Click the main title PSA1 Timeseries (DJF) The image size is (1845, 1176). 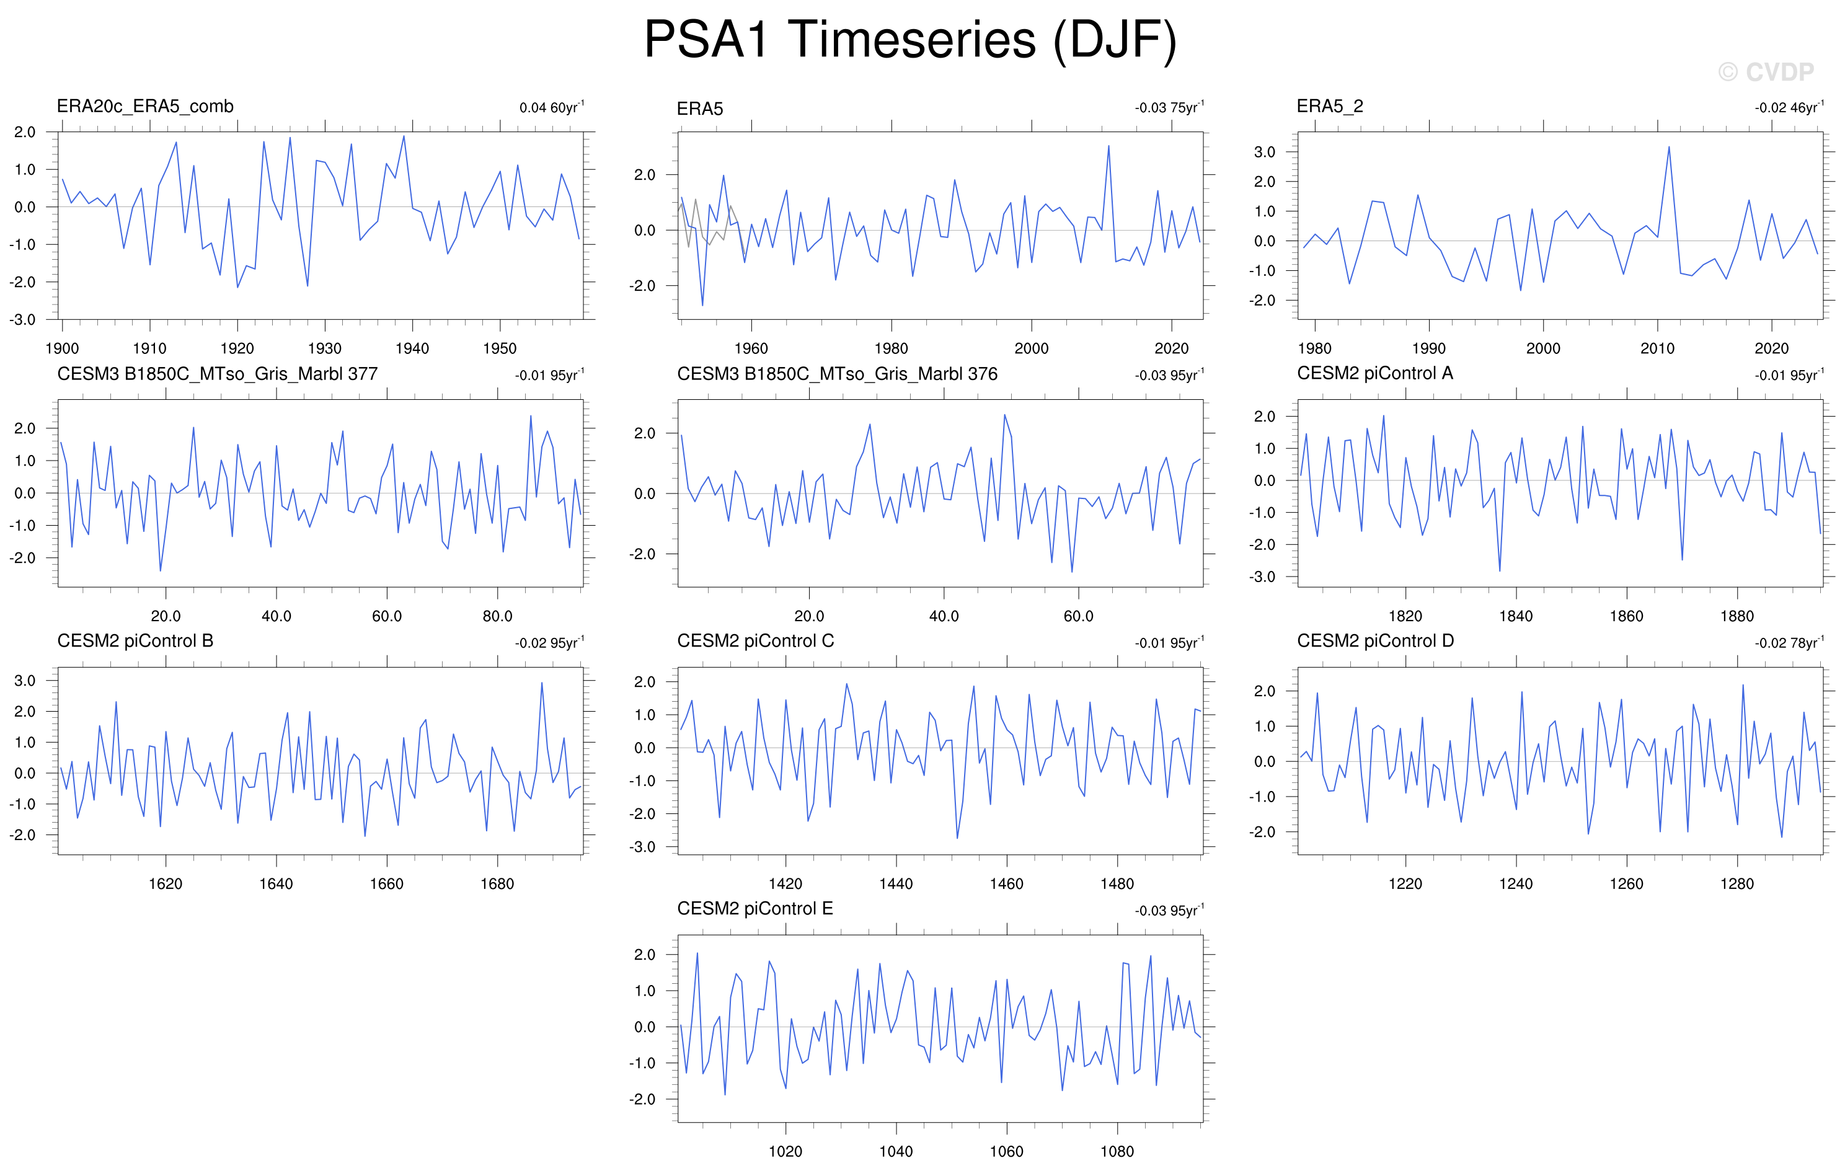click(x=910, y=40)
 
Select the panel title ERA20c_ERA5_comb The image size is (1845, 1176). click(x=145, y=107)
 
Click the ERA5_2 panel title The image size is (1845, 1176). click(x=1329, y=107)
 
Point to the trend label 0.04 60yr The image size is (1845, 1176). click(x=552, y=107)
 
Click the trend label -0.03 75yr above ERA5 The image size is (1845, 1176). click(x=1169, y=107)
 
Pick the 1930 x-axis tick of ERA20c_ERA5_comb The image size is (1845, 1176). click(x=325, y=348)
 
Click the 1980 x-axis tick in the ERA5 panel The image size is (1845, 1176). click(x=891, y=348)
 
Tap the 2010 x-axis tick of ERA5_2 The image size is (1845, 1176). click(x=1657, y=348)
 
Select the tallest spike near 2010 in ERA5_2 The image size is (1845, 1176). click(x=1669, y=147)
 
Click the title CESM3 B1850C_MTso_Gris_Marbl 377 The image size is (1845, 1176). click(x=218, y=374)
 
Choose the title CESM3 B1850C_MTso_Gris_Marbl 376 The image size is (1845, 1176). click(x=838, y=374)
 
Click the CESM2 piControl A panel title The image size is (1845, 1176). click(x=1374, y=373)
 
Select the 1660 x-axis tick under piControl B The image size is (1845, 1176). click(x=386, y=883)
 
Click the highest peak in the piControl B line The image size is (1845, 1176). click(x=542, y=683)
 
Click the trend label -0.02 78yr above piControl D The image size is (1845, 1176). click(x=1790, y=643)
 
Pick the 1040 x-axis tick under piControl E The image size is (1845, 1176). click(x=896, y=1151)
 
